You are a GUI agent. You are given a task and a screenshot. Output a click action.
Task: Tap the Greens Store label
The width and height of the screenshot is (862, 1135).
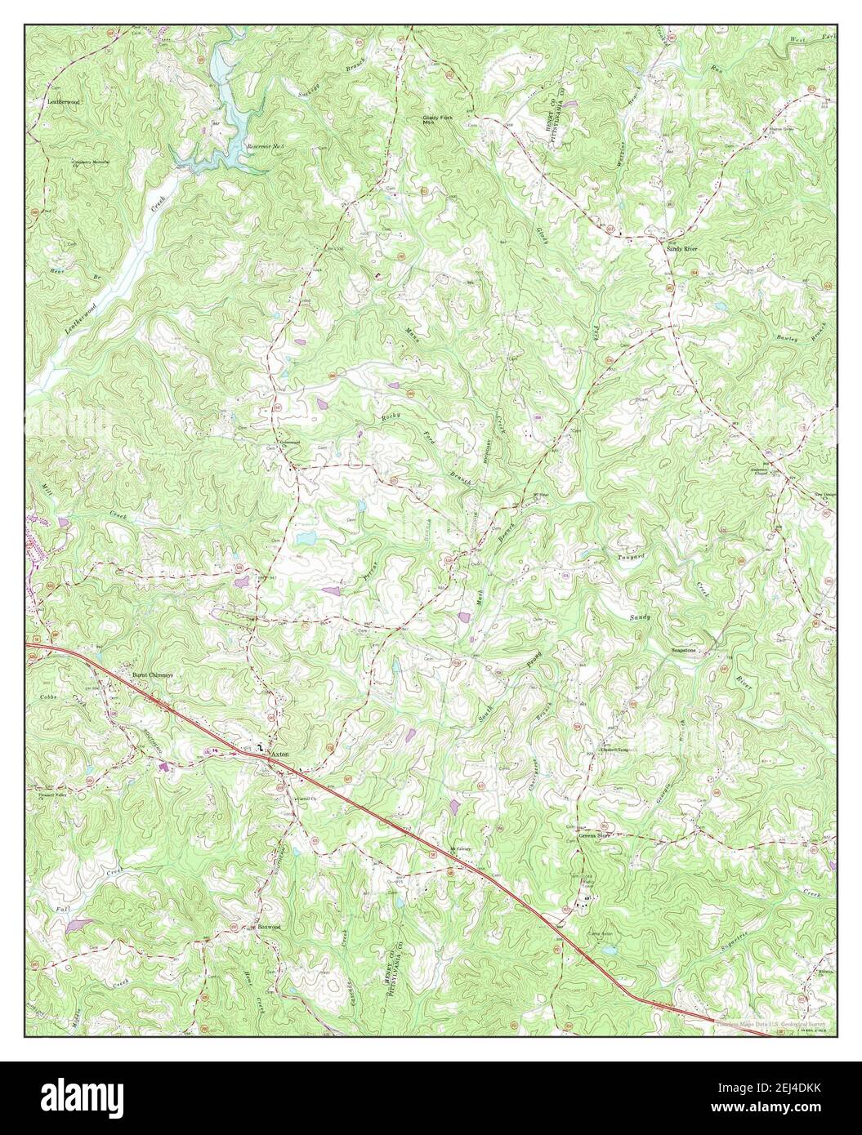pyautogui.click(x=596, y=836)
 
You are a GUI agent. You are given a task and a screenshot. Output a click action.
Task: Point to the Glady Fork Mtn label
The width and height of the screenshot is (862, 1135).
pyautogui.click(x=436, y=119)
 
